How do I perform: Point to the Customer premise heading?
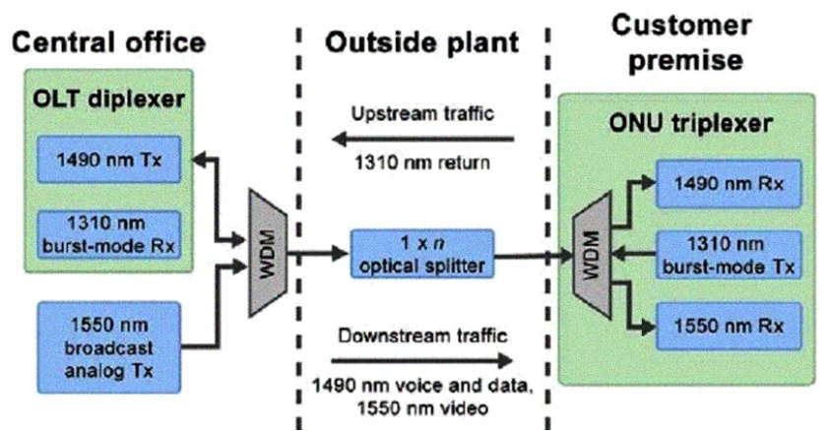[686, 41]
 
